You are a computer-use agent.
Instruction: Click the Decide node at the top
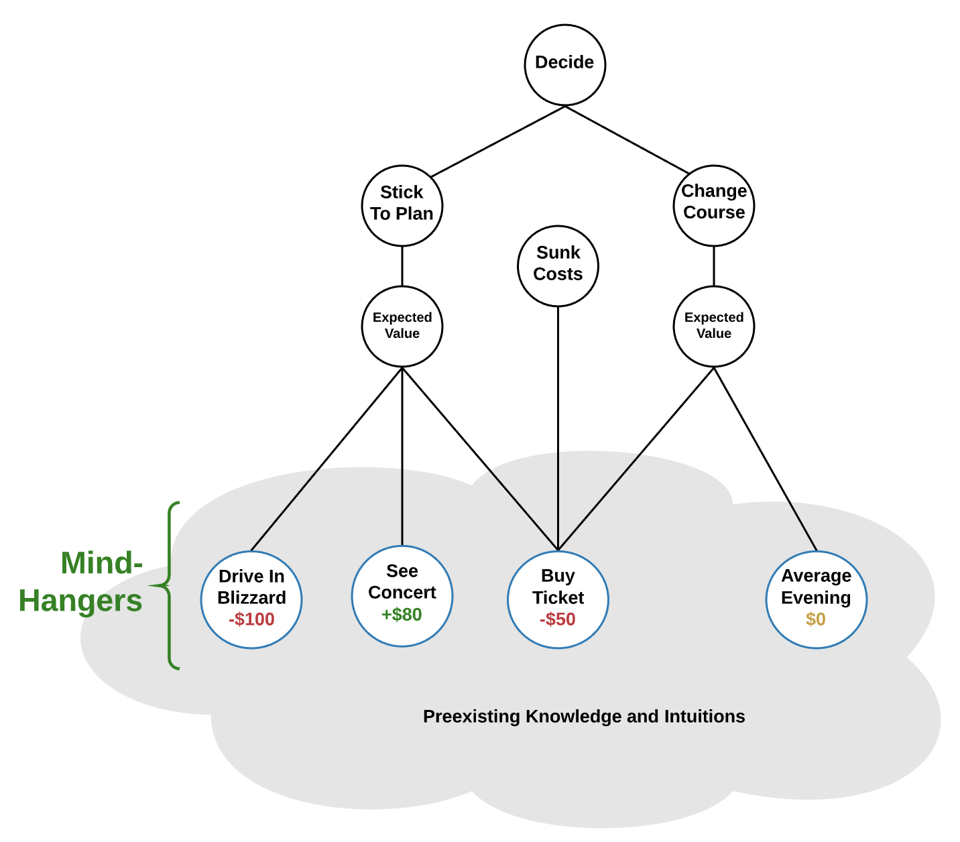pos(564,64)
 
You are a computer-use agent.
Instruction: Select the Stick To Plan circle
pos(402,205)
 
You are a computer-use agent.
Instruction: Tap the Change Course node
pos(713,205)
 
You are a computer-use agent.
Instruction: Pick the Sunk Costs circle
pos(558,265)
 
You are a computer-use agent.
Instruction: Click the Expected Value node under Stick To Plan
pos(402,326)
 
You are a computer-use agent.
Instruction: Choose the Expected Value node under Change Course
pos(713,326)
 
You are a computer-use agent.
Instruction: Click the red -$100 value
pos(251,619)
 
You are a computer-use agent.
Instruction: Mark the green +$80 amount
pos(402,615)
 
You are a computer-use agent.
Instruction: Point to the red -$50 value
pos(558,619)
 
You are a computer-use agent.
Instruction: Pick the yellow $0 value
pos(816,619)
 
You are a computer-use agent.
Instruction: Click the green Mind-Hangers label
pos(84,582)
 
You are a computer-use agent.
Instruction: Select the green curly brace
pos(170,585)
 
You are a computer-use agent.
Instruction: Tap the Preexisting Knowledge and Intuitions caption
pos(584,717)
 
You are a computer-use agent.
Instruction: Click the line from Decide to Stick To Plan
pos(497,141)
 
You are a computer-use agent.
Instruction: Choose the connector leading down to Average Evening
pos(765,459)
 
